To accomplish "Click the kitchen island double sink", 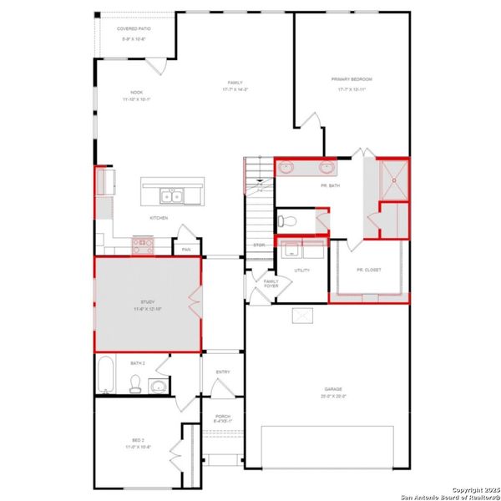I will [x=173, y=197].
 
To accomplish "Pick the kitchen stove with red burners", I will [x=142, y=245].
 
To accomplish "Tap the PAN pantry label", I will [x=186, y=249].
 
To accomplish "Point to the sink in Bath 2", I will [x=157, y=386].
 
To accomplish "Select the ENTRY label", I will [x=222, y=372].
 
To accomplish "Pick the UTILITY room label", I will [x=301, y=271].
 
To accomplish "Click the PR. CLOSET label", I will [x=367, y=270].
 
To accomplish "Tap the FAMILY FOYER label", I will [x=270, y=283].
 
